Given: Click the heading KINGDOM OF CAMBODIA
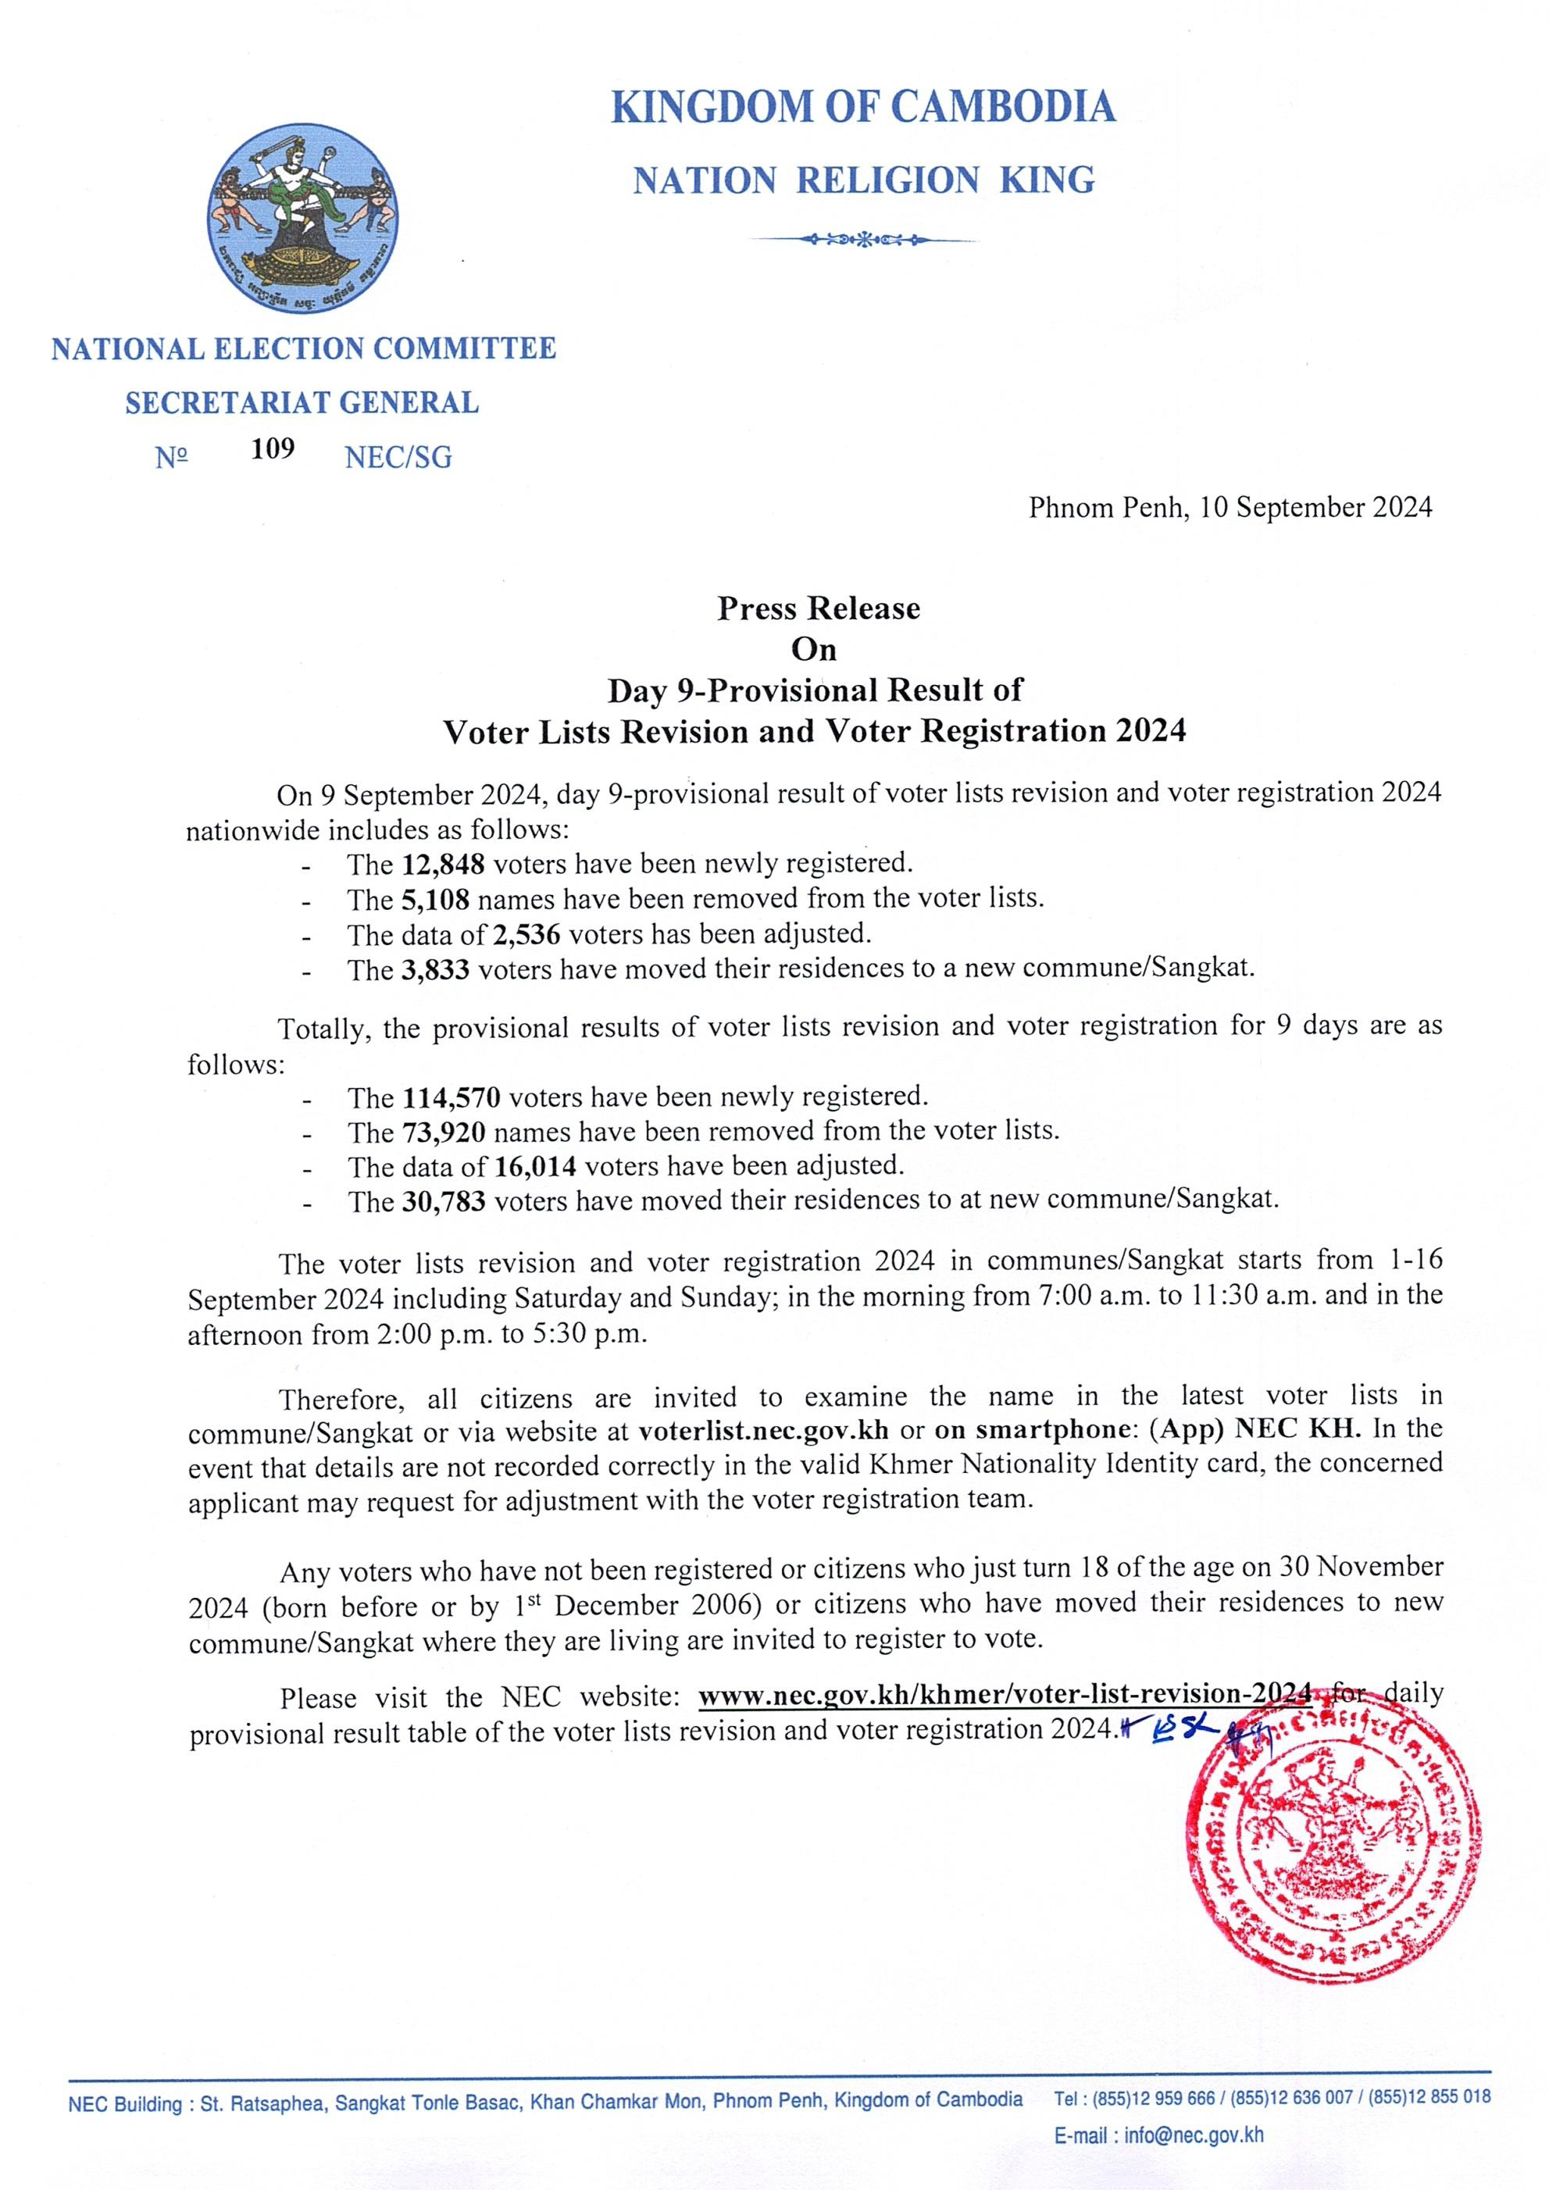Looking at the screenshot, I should point(863,107).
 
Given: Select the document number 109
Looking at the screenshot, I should point(273,448).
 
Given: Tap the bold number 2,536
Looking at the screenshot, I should point(526,934).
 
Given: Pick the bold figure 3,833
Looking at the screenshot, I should point(435,970).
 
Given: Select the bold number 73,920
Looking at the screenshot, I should point(444,1133).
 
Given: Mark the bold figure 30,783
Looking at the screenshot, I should point(444,1202).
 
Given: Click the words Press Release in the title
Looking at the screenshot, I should point(819,608).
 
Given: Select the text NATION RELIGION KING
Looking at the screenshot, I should point(863,180).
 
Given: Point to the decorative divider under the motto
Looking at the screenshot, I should point(863,238).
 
